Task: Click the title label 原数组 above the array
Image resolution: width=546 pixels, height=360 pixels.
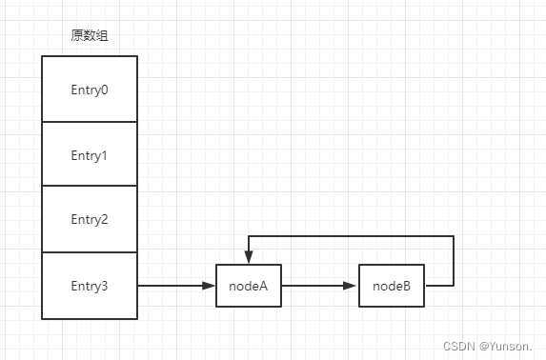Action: (x=90, y=36)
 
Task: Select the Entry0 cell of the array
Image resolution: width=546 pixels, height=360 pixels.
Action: (x=90, y=89)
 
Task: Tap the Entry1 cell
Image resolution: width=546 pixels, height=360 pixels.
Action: (x=90, y=154)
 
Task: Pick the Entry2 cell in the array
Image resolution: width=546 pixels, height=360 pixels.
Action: (x=90, y=219)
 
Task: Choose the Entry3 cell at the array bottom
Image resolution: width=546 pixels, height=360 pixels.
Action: (x=90, y=285)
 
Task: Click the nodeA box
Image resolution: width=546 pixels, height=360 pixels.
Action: (x=249, y=286)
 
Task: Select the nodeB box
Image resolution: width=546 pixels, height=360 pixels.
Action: (x=392, y=286)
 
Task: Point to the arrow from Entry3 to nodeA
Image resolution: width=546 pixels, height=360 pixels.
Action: (x=172, y=286)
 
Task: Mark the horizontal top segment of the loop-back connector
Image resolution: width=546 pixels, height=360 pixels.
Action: (x=351, y=236)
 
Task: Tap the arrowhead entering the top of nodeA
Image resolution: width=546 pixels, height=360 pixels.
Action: (x=249, y=259)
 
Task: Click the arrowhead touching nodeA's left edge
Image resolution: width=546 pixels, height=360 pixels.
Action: (x=210, y=286)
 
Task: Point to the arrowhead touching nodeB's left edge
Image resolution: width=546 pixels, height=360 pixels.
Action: (x=353, y=286)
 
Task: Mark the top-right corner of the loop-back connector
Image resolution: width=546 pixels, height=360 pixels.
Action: (x=454, y=236)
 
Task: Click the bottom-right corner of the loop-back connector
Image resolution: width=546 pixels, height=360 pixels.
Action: (x=454, y=286)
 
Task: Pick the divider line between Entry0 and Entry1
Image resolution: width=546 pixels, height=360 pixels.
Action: (x=90, y=121)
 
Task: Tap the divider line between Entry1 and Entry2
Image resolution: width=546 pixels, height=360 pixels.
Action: (x=90, y=187)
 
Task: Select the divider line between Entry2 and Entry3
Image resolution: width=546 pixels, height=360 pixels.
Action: (x=90, y=252)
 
